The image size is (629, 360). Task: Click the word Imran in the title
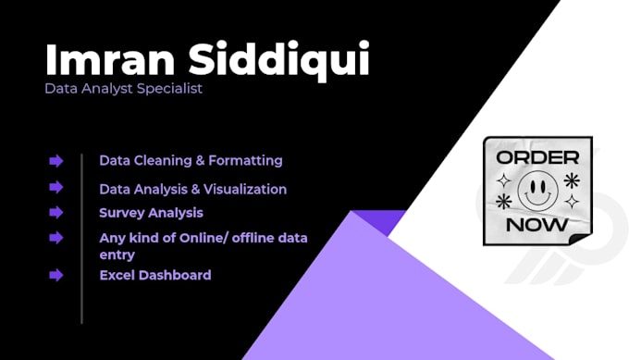click(x=110, y=59)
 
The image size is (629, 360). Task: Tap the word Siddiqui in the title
click(x=278, y=60)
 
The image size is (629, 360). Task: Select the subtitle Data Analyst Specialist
click(x=123, y=88)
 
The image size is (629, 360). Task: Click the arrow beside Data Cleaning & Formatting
click(x=56, y=161)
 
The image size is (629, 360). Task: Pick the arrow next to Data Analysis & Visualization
click(x=56, y=187)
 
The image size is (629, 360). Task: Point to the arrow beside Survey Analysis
click(x=56, y=212)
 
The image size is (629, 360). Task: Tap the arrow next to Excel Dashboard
click(x=56, y=275)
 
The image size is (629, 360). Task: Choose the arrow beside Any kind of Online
click(x=56, y=238)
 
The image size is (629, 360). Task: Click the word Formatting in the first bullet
click(x=245, y=161)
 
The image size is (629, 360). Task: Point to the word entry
click(x=117, y=254)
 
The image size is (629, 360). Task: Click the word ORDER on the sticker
click(x=537, y=157)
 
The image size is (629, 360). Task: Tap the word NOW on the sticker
click(x=537, y=225)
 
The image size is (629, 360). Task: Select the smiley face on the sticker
click(x=537, y=191)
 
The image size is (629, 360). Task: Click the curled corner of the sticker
click(x=581, y=238)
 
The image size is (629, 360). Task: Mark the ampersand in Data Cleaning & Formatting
click(x=200, y=161)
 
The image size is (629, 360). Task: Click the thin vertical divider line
click(x=81, y=239)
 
